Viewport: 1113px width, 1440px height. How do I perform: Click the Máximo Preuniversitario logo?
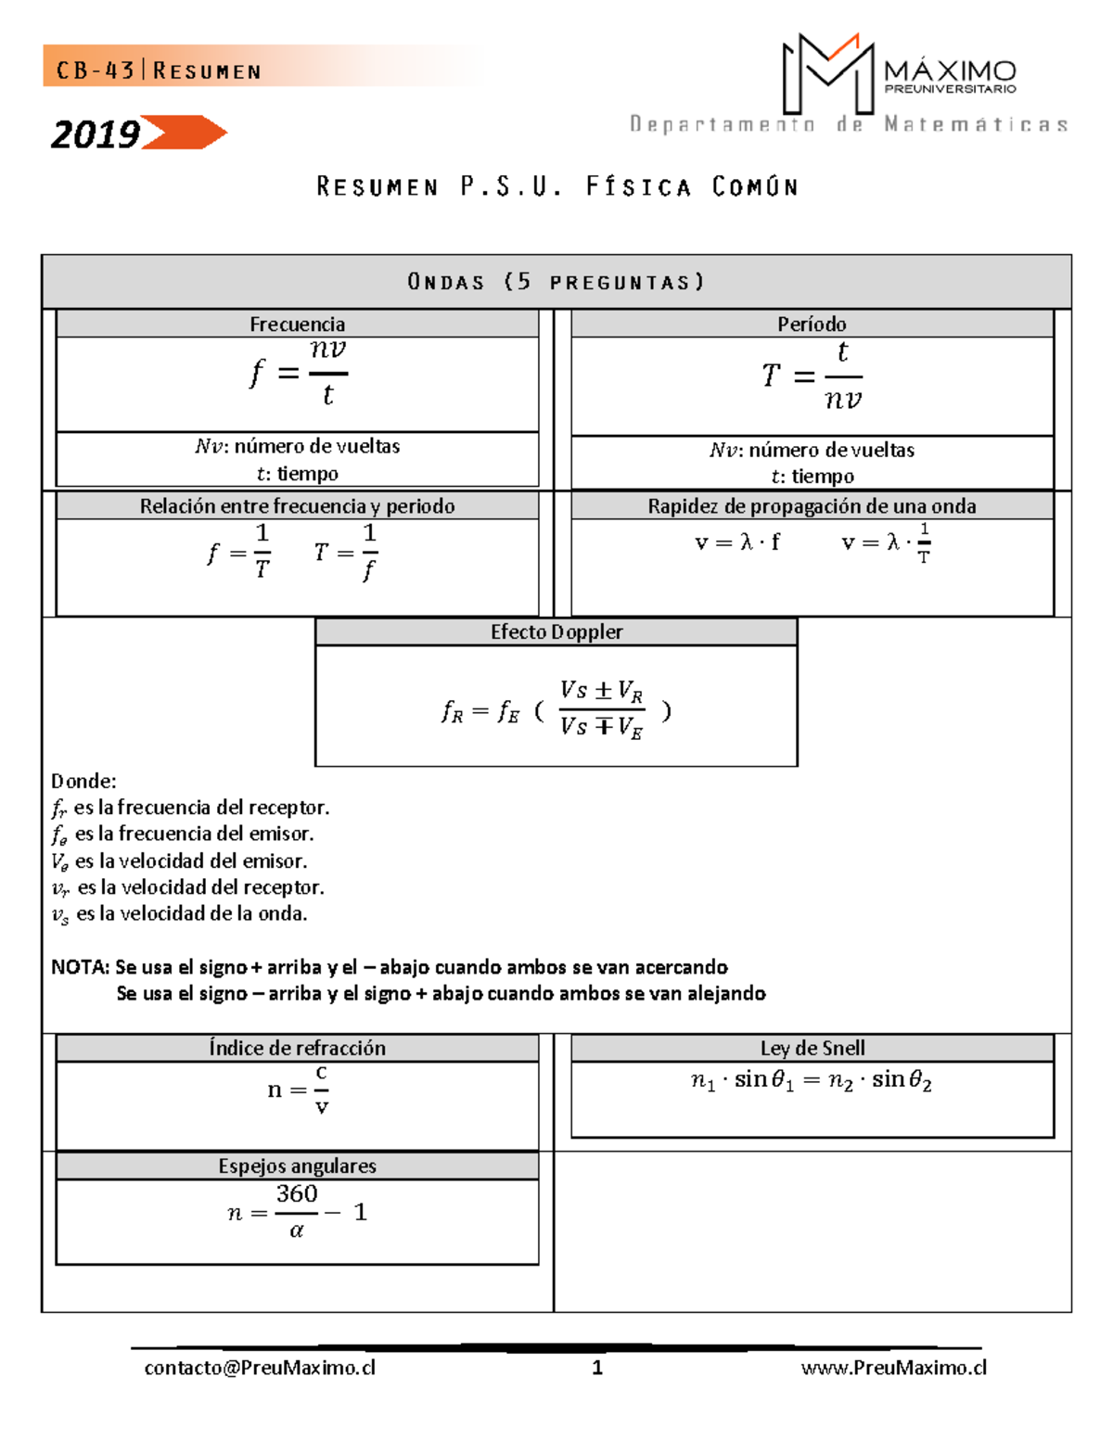[898, 74]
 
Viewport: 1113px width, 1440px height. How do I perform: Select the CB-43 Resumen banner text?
[159, 70]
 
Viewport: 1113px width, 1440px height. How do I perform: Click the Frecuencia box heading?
[297, 324]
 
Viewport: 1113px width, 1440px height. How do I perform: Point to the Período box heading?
[812, 324]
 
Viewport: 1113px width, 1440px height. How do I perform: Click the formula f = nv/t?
[298, 373]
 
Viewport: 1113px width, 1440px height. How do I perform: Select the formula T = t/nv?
[812, 376]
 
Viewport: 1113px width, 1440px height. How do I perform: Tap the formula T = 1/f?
[346, 552]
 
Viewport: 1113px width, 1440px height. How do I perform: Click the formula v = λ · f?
[737, 542]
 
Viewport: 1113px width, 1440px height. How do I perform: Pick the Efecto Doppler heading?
[556, 631]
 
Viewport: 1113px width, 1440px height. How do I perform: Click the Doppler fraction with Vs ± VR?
[601, 709]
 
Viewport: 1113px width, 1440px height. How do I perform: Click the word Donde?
[83, 781]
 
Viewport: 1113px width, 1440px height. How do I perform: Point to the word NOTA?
[80, 967]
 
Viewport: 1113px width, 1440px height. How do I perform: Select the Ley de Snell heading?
[812, 1048]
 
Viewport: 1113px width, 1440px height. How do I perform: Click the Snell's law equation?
[812, 1080]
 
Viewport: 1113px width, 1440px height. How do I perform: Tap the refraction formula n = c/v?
[299, 1090]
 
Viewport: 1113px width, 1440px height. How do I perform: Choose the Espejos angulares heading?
[297, 1166]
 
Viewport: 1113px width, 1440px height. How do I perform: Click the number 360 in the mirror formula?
[297, 1193]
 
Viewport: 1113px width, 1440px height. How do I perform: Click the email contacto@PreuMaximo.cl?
[260, 1368]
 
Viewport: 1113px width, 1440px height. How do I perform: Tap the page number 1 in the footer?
[597, 1368]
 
